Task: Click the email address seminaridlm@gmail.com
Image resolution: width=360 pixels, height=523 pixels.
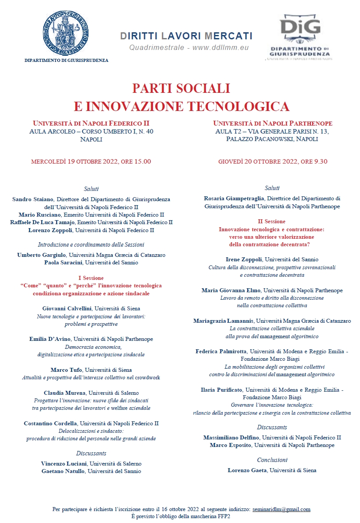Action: [281, 509]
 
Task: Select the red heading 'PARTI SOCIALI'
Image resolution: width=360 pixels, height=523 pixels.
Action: [181, 88]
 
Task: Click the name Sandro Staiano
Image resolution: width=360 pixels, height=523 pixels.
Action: [33, 199]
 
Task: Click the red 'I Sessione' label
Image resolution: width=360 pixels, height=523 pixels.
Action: [91, 278]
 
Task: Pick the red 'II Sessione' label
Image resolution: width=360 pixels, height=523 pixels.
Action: [272, 221]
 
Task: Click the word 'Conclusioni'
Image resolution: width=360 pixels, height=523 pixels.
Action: [272, 460]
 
